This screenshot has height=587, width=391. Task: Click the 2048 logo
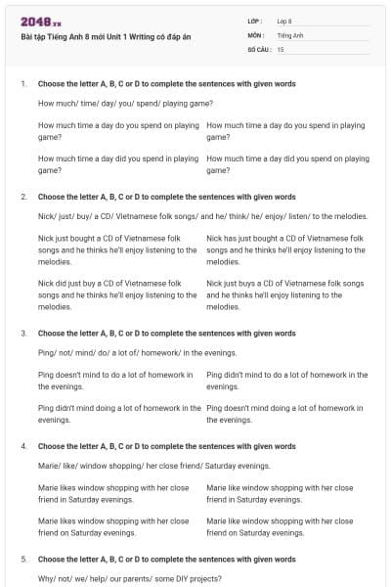coord(41,22)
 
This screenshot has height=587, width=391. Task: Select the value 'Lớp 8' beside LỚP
coord(284,20)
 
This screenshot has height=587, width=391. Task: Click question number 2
coord(23,197)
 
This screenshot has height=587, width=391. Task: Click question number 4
coord(23,446)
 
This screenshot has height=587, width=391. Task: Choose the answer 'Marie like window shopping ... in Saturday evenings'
coord(281,492)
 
